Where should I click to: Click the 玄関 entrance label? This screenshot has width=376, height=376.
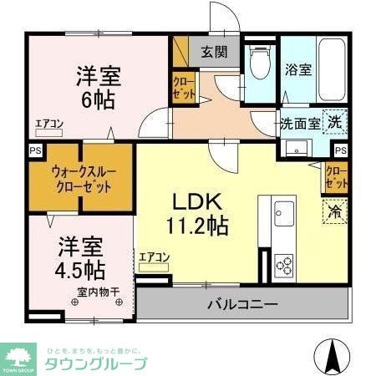pyautogui.click(x=214, y=53)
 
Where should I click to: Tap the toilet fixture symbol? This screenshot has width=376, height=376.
pyautogui.click(x=259, y=61)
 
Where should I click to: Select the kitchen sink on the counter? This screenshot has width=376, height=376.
pyautogui.click(x=282, y=210)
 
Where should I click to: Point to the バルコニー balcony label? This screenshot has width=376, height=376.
pyautogui.click(x=242, y=304)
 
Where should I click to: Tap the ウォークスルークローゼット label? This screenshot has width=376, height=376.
pyautogui.click(x=81, y=178)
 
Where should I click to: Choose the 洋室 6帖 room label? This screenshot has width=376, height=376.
pyautogui.click(x=99, y=85)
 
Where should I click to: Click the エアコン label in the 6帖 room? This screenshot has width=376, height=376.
pyautogui.click(x=49, y=124)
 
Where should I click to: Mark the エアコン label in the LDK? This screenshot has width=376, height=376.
pyautogui.click(x=155, y=257)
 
